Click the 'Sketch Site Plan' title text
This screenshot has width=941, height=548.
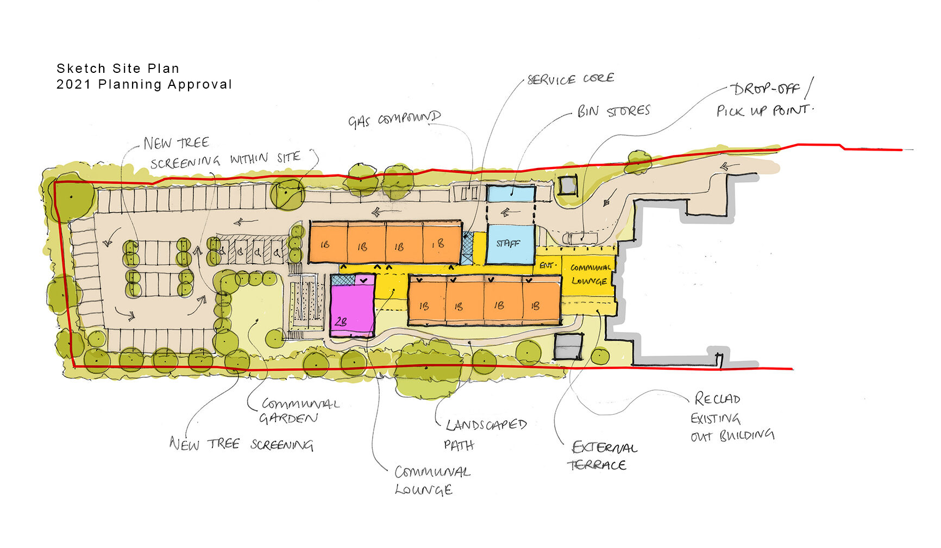(118, 68)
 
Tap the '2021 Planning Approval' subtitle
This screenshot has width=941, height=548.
(145, 84)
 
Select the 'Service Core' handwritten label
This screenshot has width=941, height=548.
(570, 79)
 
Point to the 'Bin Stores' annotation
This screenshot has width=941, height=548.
(613, 111)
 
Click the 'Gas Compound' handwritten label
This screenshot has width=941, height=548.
(394, 119)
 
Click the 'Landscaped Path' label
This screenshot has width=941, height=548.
(486, 435)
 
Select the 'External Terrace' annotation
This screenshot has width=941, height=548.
(602, 456)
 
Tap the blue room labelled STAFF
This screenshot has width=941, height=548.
(510, 244)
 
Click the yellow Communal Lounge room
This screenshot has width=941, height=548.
(590, 275)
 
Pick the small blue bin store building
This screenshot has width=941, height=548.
(511, 194)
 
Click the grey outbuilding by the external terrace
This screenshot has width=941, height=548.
(568, 346)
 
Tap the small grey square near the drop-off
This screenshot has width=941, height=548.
(568, 185)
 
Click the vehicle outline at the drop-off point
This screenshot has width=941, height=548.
(580, 238)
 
